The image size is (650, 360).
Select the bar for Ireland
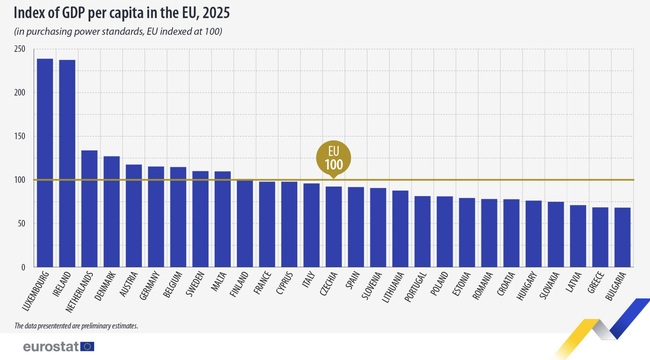(x=67, y=164)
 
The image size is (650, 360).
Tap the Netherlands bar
(x=89, y=209)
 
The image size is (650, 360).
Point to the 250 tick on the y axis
(x=18, y=49)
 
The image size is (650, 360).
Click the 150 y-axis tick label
(x=18, y=136)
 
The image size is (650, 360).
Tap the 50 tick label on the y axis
(x=20, y=224)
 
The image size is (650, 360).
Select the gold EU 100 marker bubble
(x=333, y=158)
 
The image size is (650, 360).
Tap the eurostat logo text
(x=42, y=346)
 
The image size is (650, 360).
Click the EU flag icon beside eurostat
(x=88, y=346)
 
